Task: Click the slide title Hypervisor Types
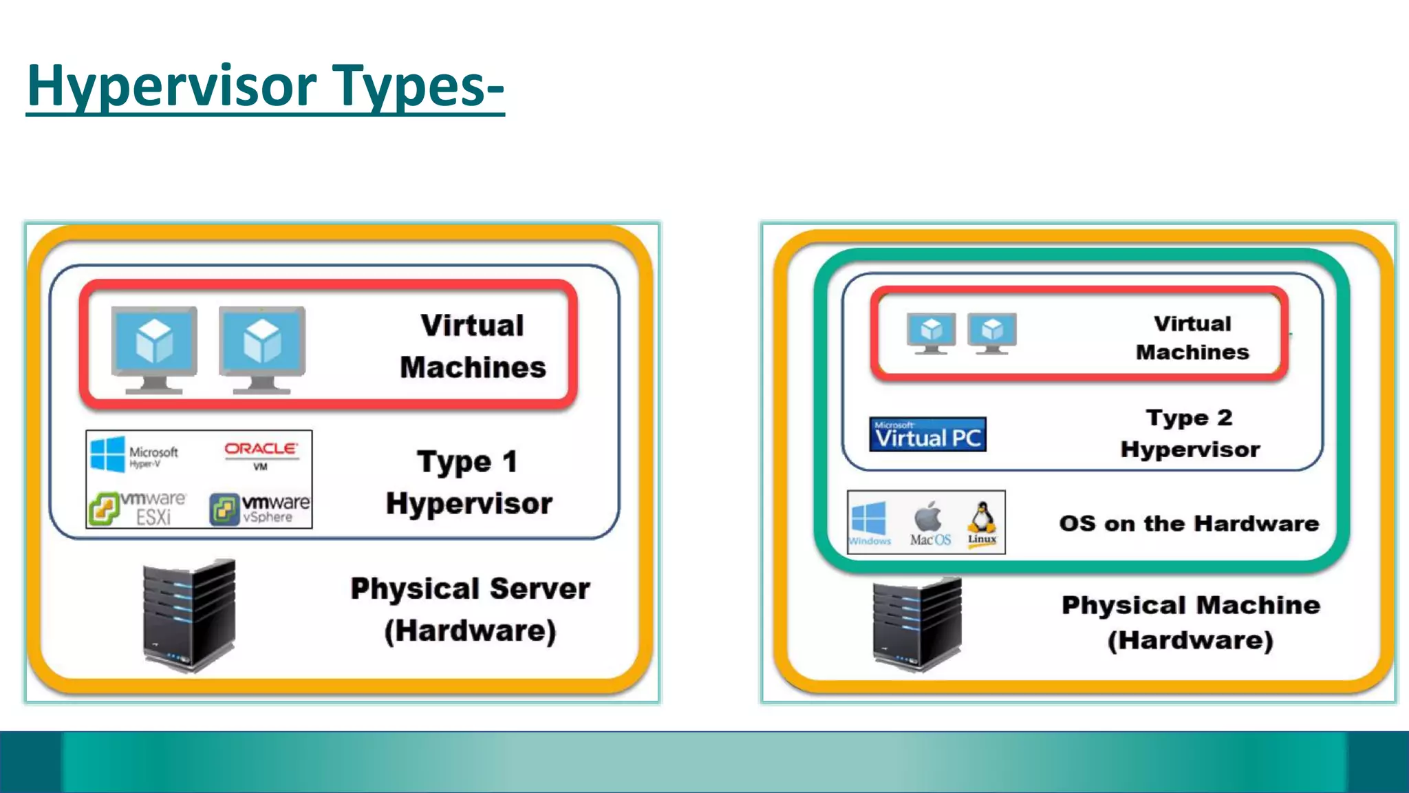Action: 266,86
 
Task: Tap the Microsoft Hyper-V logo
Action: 134,454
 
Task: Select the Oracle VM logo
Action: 261,454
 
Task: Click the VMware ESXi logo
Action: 138,508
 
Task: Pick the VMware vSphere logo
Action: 260,508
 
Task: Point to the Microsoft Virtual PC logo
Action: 927,434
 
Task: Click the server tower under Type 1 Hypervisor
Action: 189,615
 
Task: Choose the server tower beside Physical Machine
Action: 917,624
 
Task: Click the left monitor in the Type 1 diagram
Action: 154,349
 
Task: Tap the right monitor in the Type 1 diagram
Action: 262,349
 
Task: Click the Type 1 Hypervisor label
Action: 469,483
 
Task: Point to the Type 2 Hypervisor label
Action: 1190,434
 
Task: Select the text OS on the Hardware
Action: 1189,524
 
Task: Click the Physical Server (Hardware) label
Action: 470,610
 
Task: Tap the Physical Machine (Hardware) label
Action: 1191,623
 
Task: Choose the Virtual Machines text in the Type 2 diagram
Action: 1192,338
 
